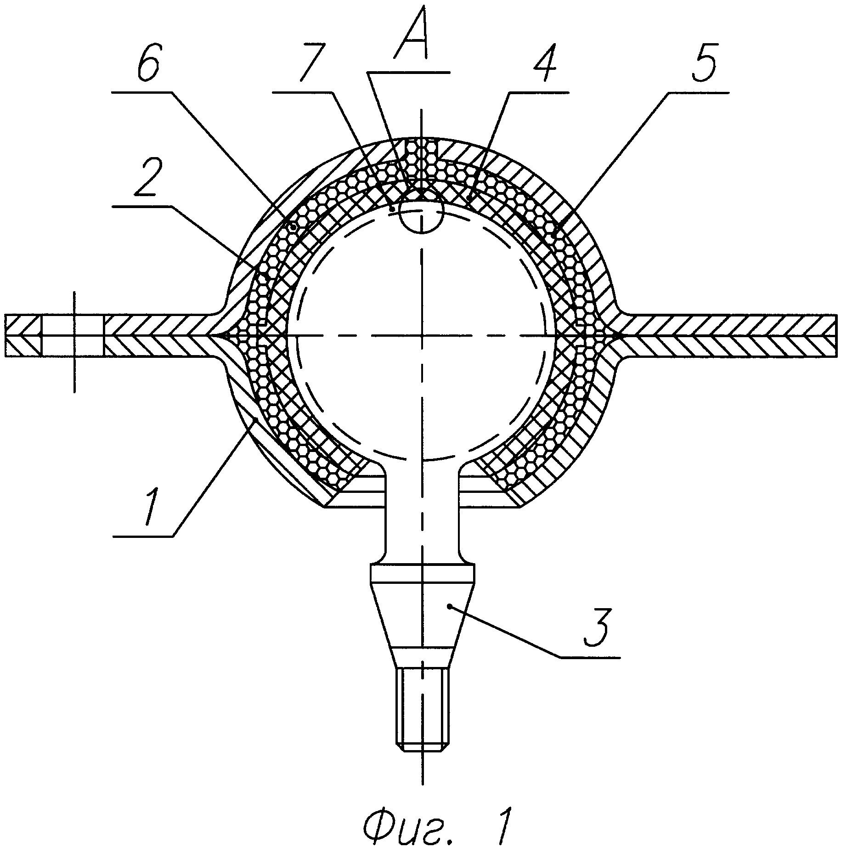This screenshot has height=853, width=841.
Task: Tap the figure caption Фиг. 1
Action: (x=436, y=825)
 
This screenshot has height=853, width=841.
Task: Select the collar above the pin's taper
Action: (x=422, y=575)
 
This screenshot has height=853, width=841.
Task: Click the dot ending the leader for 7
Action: (x=392, y=209)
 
